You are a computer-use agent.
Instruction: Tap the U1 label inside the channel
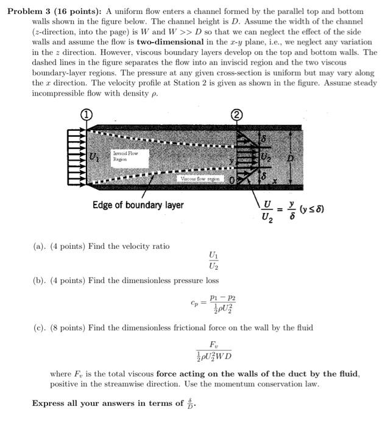93,156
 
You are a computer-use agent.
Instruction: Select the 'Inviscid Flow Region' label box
125,156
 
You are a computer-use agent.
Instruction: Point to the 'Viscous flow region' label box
200,179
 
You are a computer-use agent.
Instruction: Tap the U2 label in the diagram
265,157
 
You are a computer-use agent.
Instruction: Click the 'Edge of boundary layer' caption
138,205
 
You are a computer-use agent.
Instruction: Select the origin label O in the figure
232,180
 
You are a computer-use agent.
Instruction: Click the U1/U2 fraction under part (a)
213,260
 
